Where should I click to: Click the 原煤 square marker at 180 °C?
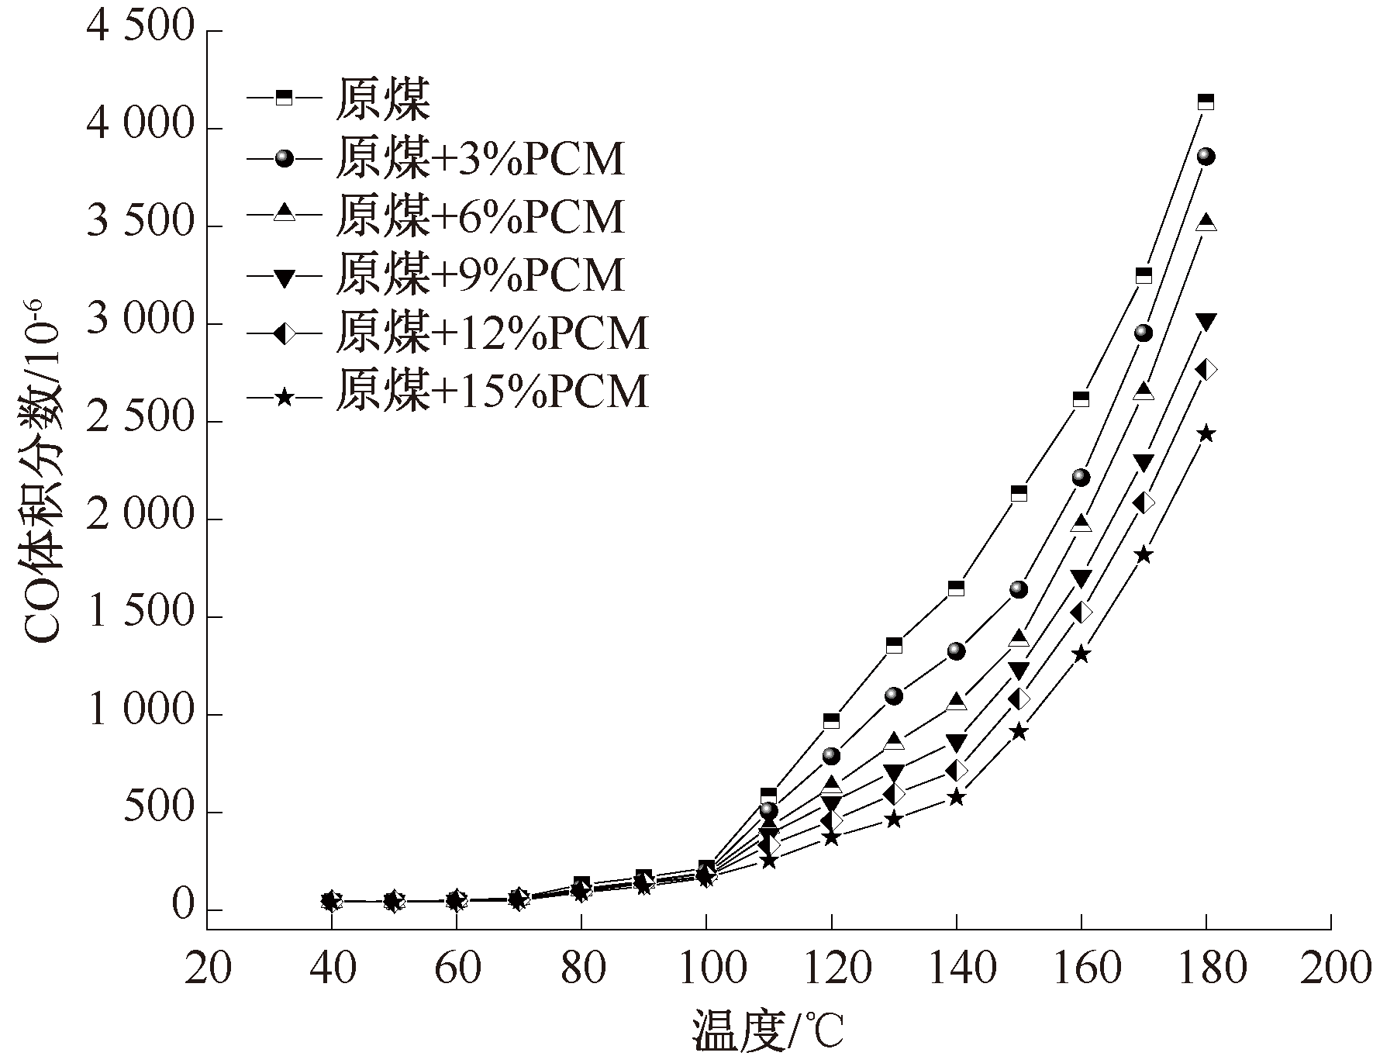point(1206,102)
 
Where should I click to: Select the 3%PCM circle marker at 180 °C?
point(1206,157)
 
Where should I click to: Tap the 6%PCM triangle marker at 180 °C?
point(1206,223)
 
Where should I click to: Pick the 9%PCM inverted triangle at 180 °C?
point(1206,321)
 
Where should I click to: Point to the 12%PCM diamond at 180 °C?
point(1206,370)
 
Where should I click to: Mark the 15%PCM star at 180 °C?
point(1206,433)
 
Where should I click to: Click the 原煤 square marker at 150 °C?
point(1019,493)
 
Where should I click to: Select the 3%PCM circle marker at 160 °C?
point(1081,478)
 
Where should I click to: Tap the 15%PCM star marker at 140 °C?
point(956,797)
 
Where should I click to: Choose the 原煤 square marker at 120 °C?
point(831,721)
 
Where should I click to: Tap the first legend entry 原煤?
point(382,99)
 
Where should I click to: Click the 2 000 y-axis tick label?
point(140,518)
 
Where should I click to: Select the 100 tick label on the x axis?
point(705,968)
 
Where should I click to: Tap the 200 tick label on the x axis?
point(1330,968)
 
